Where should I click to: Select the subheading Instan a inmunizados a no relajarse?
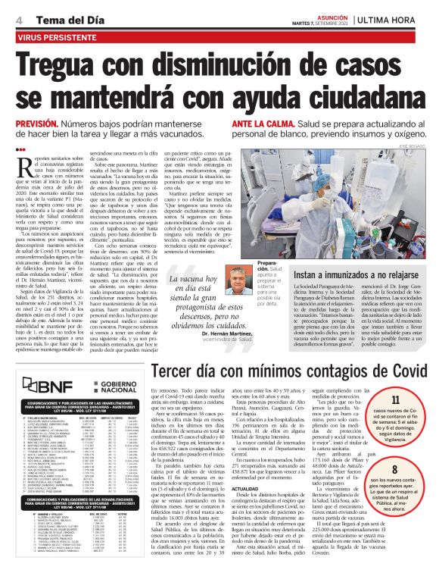pos(355,274)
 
